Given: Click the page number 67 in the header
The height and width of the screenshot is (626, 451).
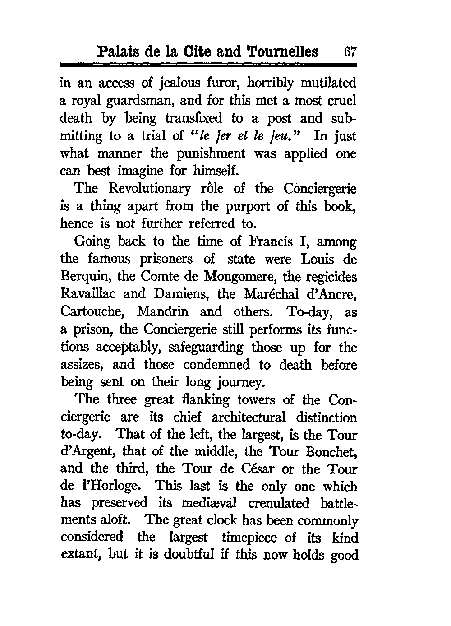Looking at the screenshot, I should [x=350, y=51].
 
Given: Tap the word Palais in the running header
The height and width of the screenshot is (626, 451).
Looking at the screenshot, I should [x=118, y=51].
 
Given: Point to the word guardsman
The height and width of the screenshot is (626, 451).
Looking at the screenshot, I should [x=156, y=101].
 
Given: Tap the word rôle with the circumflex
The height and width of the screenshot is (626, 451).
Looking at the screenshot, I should [x=224, y=188].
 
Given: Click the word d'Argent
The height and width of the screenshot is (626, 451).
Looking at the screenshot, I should [x=87, y=453].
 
